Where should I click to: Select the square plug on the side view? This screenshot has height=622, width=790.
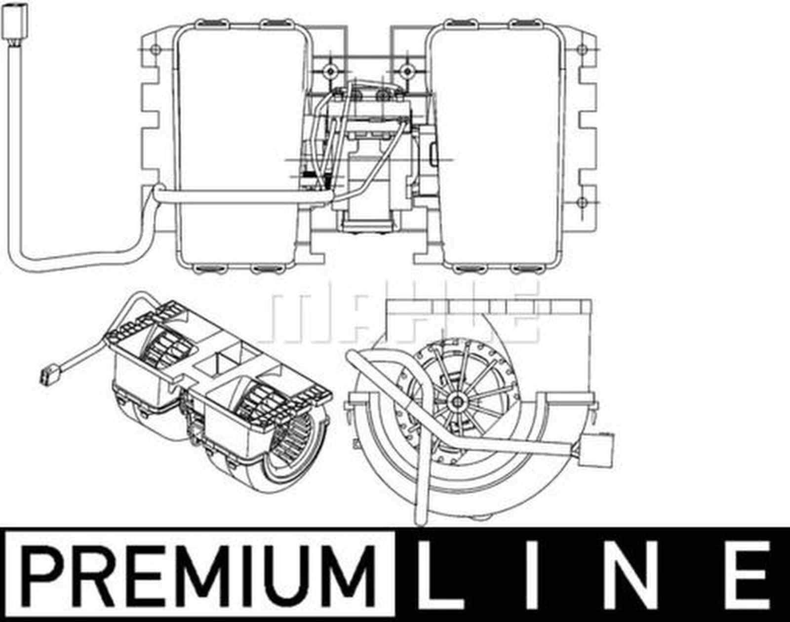[x=599, y=449]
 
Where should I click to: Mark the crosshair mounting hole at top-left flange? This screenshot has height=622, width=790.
[x=155, y=49]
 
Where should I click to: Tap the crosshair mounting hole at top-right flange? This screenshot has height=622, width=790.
[x=582, y=49]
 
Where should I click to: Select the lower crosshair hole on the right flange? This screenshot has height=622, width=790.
[x=582, y=202]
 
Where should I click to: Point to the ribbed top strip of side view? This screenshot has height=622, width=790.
[x=489, y=309]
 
